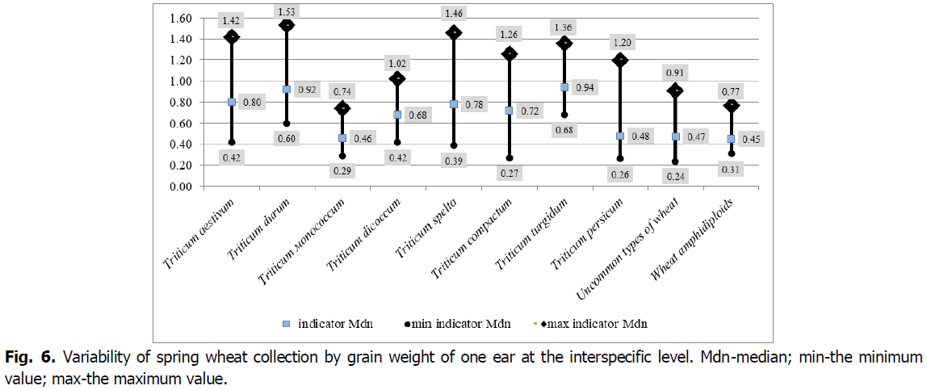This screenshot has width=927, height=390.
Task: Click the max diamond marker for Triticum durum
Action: coord(287,25)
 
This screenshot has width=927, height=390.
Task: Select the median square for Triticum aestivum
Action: coord(232,102)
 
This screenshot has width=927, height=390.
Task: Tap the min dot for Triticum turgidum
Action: coord(564,115)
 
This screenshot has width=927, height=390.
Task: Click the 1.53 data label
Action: coord(287,10)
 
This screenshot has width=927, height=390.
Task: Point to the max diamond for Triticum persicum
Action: coord(620,60)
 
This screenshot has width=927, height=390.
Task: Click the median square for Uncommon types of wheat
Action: coord(676,136)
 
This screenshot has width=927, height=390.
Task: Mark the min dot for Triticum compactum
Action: coord(509,158)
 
